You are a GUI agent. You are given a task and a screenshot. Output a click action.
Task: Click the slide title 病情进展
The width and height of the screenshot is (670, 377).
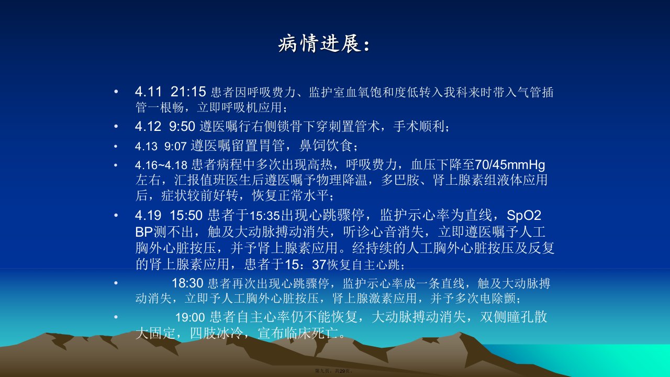click(319, 44)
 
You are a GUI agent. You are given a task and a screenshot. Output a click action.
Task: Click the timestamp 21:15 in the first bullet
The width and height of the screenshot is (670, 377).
click(188, 92)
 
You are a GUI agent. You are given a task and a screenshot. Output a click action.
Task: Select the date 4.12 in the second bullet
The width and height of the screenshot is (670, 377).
click(148, 126)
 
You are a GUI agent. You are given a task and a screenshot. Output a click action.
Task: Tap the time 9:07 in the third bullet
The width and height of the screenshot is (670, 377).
click(175, 146)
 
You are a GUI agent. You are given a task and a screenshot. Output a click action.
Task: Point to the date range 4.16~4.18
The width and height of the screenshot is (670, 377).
click(161, 165)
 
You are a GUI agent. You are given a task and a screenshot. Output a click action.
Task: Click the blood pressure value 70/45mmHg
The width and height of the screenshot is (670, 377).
click(510, 165)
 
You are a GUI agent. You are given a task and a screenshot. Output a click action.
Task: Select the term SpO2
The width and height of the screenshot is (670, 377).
click(524, 215)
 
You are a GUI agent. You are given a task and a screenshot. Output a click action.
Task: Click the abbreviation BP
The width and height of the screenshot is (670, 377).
click(144, 231)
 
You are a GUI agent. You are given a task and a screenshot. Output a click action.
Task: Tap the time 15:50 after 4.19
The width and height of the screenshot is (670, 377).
click(186, 215)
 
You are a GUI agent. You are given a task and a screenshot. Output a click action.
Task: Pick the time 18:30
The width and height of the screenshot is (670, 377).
click(187, 283)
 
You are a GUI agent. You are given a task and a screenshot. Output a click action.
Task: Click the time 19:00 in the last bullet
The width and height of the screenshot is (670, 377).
click(190, 317)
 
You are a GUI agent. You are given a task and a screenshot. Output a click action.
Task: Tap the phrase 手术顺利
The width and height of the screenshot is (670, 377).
click(419, 126)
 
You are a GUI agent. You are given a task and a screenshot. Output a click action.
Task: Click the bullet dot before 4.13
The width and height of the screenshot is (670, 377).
click(116, 147)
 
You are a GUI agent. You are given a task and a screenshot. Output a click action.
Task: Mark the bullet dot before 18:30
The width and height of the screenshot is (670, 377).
click(116, 283)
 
